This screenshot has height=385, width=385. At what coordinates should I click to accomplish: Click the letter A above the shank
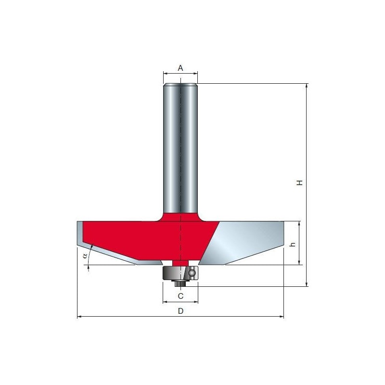tap(180, 68)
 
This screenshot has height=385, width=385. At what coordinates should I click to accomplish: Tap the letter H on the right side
tap(299, 183)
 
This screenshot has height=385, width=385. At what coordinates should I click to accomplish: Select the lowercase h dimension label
tap(293, 244)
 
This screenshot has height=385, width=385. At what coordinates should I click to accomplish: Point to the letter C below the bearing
tap(180, 296)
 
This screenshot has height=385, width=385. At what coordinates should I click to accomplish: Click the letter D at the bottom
tap(180, 311)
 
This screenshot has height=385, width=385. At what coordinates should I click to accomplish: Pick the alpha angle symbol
tap(85, 256)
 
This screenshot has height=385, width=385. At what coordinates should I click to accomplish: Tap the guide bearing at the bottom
tap(180, 273)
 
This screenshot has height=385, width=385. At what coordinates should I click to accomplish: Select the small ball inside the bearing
tap(192, 272)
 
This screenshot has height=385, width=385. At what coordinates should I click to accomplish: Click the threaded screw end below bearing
tap(180, 283)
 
